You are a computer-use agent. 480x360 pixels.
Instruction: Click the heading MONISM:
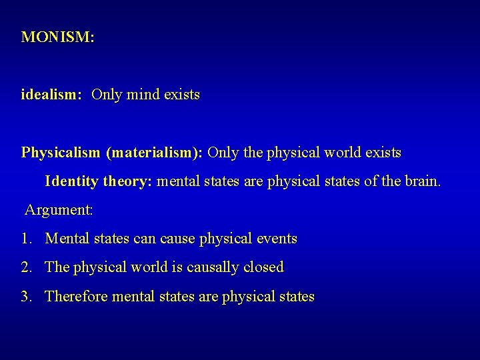coord(58,37)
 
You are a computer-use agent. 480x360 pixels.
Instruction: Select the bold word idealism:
coord(51,95)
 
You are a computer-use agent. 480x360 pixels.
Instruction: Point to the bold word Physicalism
coord(60,153)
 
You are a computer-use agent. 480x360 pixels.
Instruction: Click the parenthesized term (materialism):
coord(154,153)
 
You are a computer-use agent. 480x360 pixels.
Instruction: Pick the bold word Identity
coord(71,181)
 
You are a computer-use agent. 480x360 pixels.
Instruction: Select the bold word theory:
coord(127,181)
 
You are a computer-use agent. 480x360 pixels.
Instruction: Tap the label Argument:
coord(59,210)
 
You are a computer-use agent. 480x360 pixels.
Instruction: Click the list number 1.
coord(25,239)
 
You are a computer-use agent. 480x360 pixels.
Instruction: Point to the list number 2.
coord(26,267)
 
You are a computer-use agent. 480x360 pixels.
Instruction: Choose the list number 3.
coord(26,297)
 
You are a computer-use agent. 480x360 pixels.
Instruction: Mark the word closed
coord(263,267)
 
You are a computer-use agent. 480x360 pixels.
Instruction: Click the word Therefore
coord(77,297)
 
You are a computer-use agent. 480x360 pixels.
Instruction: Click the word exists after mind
coord(181,95)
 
